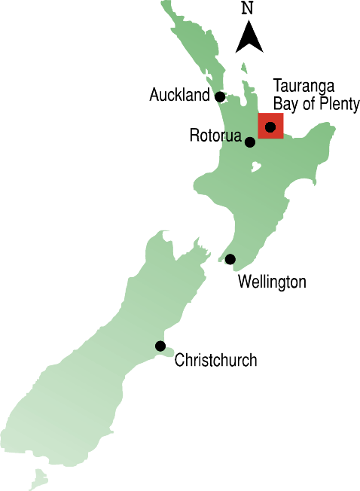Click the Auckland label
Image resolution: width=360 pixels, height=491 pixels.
click(178, 96)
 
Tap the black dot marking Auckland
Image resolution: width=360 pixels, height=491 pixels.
click(220, 96)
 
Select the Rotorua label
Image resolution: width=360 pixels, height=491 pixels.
click(215, 137)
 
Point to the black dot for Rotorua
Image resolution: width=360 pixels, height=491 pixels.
click(250, 142)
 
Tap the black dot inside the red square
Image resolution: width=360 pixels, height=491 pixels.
click(270, 127)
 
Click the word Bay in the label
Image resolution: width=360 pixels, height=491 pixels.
click(285, 104)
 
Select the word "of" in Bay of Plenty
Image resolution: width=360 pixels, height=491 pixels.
click(309, 104)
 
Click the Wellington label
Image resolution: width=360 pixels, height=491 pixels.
click(272, 282)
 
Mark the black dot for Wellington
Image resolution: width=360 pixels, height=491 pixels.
click(230, 259)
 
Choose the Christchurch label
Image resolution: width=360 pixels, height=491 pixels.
click(215, 361)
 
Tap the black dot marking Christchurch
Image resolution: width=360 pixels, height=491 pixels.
click(160, 346)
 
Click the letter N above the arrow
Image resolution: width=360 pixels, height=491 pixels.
click(247, 9)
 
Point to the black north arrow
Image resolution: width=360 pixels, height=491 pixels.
click(249, 38)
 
